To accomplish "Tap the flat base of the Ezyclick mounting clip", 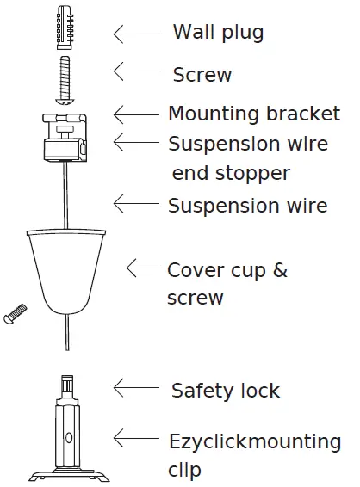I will [x=67, y=474].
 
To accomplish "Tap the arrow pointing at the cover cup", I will [x=143, y=268].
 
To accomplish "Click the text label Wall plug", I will [x=218, y=34].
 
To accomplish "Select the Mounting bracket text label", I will [x=253, y=114].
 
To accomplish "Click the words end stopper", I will [x=231, y=173].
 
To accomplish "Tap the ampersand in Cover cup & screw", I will [x=280, y=270].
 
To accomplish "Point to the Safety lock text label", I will [x=226, y=391].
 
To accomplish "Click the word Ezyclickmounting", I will [x=255, y=443].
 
